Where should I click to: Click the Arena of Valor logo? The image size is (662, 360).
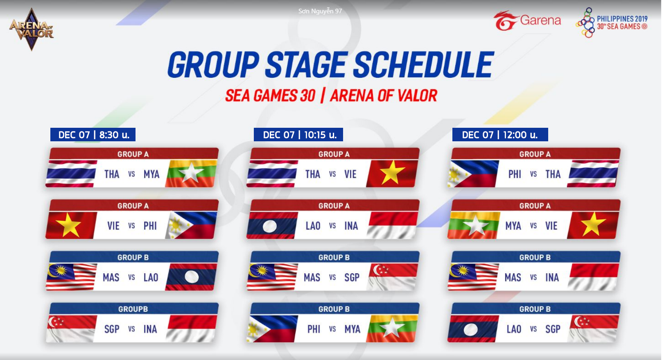(32, 29)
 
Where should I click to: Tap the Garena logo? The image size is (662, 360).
(527, 20)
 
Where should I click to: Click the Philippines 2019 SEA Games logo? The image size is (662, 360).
(612, 23)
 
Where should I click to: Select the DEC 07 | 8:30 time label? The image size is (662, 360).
(93, 135)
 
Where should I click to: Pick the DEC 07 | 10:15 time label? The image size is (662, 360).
(298, 135)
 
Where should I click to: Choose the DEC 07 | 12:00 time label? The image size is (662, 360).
(500, 135)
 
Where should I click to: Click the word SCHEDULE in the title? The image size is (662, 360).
(423, 65)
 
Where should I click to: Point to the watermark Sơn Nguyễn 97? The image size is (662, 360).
(320, 11)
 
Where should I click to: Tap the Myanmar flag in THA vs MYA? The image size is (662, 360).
(191, 174)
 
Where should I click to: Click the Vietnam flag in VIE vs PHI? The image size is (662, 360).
(71, 225)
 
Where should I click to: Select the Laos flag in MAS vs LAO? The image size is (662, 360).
(191, 277)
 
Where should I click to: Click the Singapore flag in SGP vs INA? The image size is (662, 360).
(71, 329)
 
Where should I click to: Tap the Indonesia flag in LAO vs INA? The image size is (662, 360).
(392, 225)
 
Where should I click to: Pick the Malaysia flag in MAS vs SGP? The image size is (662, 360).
(272, 277)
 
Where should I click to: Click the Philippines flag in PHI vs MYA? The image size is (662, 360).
(272, 329)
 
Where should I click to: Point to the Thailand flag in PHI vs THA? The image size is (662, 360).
(593, 174)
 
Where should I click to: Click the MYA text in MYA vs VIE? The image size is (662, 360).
(513, 226)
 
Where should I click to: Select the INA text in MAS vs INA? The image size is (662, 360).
(552, 278)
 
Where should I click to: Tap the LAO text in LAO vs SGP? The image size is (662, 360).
(514, 329)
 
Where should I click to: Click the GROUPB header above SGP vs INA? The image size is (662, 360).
(133, 309)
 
